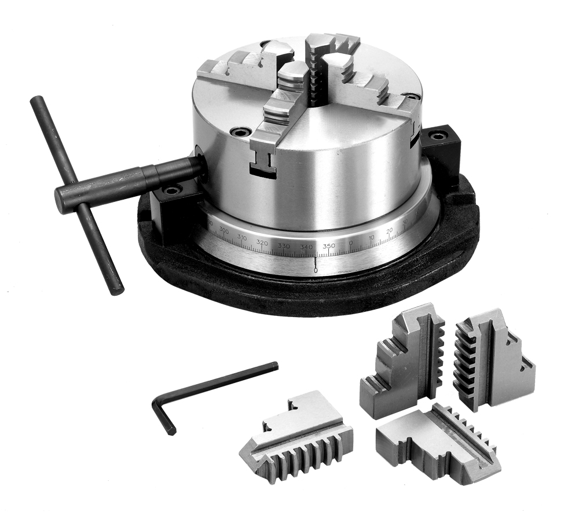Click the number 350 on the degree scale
[328, 246]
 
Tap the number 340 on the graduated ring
[306, 247]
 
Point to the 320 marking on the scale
[262, 242]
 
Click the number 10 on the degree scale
[371, 238]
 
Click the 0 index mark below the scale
[315, 270]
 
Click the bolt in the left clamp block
[171, 190]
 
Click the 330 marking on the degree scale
[284, 246]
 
